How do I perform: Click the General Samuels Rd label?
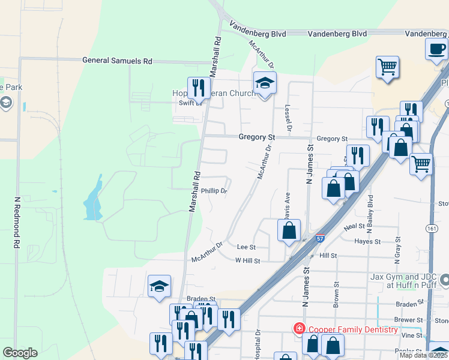tap(118, 61)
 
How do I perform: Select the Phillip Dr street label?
tap(214, 191)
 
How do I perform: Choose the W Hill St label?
tap(247, 261)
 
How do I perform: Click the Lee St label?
tap(246, 247)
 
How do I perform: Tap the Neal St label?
tap(354, 227)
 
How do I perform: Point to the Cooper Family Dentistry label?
tap(353, 329)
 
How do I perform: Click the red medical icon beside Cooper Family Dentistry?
tap(298, 329)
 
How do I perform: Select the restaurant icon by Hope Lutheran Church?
tap(197, 88)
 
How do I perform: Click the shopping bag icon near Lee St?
tap(289, 230)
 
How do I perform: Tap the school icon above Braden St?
tap(160, 286)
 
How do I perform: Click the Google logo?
tap(20, 353)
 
